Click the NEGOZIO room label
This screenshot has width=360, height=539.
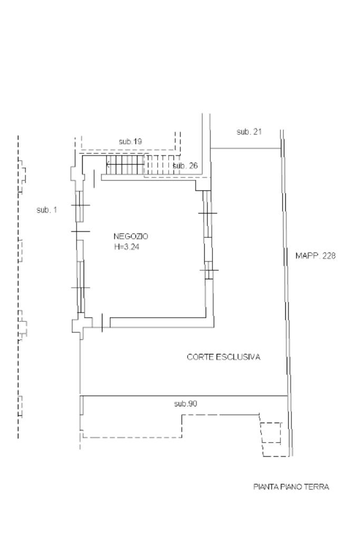[131, 237]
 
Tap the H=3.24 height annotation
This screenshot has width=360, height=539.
[127, 247]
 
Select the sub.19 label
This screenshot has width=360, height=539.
[130, 141]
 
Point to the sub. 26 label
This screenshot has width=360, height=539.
[186, 165]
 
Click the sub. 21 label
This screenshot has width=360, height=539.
[249, 131]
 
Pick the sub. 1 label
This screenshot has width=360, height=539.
[46, 210]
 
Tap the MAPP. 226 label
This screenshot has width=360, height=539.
[315, 256]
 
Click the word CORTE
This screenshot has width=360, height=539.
[200, 357]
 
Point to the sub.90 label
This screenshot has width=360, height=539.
[186, 404]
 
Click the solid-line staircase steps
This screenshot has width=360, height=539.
[124, 164]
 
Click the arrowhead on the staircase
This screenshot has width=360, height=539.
[108, 164]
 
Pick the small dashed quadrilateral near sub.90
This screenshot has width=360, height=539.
[271, 433]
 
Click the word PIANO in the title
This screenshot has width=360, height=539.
[290, 487]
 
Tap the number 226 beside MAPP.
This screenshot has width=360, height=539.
[328, 256]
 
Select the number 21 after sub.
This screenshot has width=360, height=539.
[257, 131]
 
